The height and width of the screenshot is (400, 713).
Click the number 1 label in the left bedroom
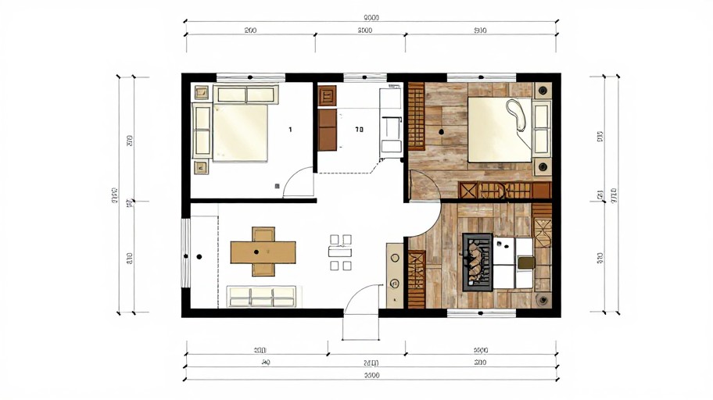pyautogui.click(x=290, y=129)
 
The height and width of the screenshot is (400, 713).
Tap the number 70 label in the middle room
pyautogui.click(x=359, y=129)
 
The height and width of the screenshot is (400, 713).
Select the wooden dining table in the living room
pyautogui.click(x=263, y=252)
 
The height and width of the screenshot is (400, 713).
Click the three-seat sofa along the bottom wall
pyautogui.click(x=262, y=296)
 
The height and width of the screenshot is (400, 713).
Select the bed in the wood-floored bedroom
pyautogui.click(x=499, y=130)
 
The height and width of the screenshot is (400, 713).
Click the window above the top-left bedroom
pyautogui.click(x=249, y=77)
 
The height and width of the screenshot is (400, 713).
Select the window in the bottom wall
pyautogui.click(x=481, y=313)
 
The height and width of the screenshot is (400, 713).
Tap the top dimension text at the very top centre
pyautogui.click(x=371, y=18)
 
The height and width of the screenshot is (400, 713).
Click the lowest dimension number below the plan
pyautogui.click(x=371, y=376)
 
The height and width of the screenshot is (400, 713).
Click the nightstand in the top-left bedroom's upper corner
pyautogui.click(x=202, y=93)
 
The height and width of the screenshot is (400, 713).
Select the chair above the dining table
pyautogui.click(x=263, y=234)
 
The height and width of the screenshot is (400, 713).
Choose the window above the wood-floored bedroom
pyautogui.click(x=480, y=77)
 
